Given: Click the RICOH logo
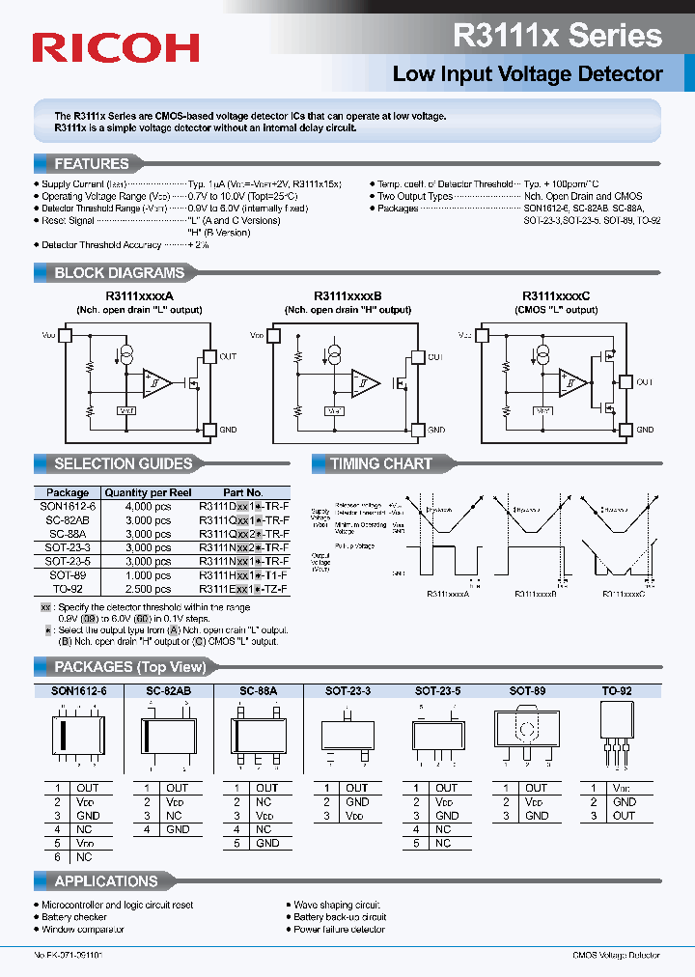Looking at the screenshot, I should [x=116, y=47].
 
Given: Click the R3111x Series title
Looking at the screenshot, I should [x=557, y=36].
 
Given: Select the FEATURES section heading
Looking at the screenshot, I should [x=91, y=164].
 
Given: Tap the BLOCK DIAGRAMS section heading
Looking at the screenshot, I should [x=119, y=273].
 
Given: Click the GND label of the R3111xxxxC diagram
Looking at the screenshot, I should [x=645, y=430].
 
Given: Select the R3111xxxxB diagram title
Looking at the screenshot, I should [x=348, y=296].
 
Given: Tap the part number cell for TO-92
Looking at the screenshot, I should [x=243, y=588].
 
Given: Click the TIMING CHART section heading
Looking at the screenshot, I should [x=381, y=464].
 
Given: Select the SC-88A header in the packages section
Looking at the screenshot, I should [x=258, y=691].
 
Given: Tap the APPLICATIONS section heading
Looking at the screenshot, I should [x=105, y=881].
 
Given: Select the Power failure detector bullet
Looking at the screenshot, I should [x=339, y=930].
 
